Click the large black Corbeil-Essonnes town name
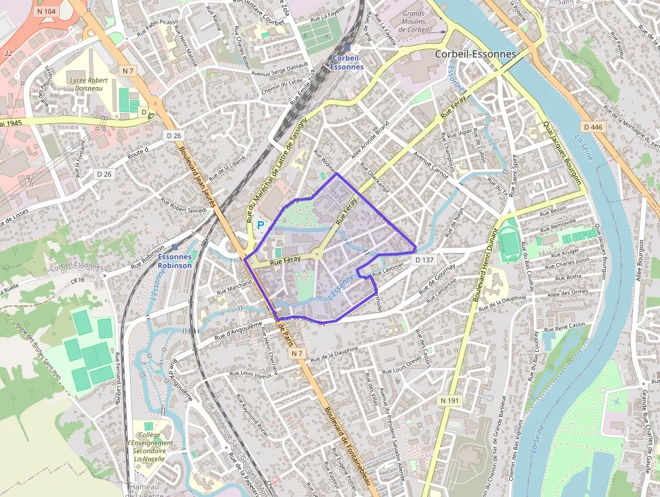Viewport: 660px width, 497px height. pyautogui.click(x=475, y=54)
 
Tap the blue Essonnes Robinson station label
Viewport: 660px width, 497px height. pyautogui.click(x=175, y=261)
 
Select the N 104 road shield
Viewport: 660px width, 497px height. pyautogui.click(x=46, y=11)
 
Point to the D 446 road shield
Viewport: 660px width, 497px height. pyautogui.click(x=593, y=127)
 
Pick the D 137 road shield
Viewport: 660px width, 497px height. pyautogui.click(x=425, y=260)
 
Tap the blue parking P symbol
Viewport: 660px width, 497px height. pyautogui.click(x=261, y=224)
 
